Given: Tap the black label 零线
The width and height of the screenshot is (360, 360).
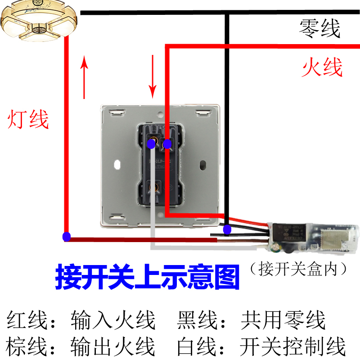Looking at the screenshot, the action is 320,29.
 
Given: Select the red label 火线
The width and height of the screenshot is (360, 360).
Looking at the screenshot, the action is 322,67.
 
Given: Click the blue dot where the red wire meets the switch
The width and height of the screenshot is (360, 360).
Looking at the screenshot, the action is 167,144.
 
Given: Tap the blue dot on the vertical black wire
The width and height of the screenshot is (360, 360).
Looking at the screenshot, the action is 228,230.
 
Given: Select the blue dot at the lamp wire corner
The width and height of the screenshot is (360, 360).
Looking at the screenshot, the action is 67,236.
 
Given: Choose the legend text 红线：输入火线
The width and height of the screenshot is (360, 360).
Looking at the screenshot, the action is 81,321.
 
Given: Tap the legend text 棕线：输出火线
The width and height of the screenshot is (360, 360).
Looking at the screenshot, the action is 81,346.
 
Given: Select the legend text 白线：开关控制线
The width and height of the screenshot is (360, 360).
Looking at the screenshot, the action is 261,346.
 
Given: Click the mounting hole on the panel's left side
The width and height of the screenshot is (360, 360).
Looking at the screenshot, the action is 118,164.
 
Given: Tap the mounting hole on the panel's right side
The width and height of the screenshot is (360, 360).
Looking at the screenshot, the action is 203,164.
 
